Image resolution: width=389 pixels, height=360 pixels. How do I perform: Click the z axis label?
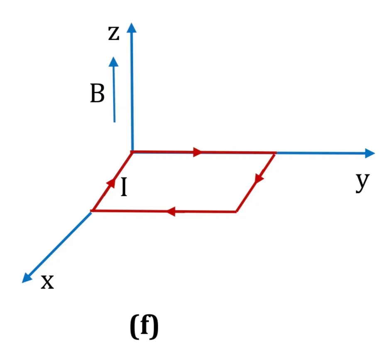pos(114,33)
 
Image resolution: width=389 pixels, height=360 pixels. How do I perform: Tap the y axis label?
pos(362,181)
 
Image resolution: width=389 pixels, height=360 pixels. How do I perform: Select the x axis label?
pos(47,282)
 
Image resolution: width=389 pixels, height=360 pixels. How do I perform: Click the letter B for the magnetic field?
pos(97,93)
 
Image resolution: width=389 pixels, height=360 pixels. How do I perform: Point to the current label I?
pos(124,187)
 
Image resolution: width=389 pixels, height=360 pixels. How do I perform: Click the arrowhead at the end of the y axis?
pos(370,153)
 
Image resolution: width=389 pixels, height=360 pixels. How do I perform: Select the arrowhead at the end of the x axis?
pos(27,278)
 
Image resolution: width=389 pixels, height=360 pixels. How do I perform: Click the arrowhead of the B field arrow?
pos(113,61)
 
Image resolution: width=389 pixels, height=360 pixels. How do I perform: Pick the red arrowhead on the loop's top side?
pos(198,152)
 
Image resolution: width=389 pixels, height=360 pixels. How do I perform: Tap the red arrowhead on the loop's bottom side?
pos(171,211)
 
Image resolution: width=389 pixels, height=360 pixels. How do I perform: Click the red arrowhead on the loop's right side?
pos(259,179)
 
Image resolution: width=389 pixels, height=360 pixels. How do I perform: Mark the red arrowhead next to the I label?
pos(111,183)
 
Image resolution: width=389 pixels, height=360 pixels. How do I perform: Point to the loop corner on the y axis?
pos(275,153)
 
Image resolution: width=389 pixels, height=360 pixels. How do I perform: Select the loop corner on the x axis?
pos(92,211)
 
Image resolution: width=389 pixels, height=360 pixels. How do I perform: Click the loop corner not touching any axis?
pos(236,212)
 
